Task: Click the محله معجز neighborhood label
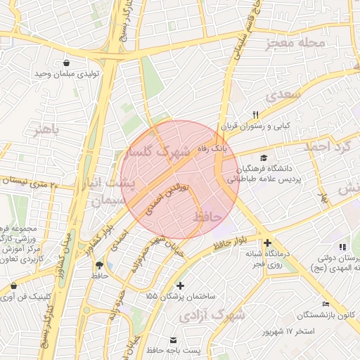tap(296, 44)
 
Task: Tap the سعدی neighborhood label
tap(281, 94)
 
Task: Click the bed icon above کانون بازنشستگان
tap(325, 303)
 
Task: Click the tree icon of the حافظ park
tap(98, 265)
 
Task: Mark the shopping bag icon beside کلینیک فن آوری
tap(15, 286)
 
